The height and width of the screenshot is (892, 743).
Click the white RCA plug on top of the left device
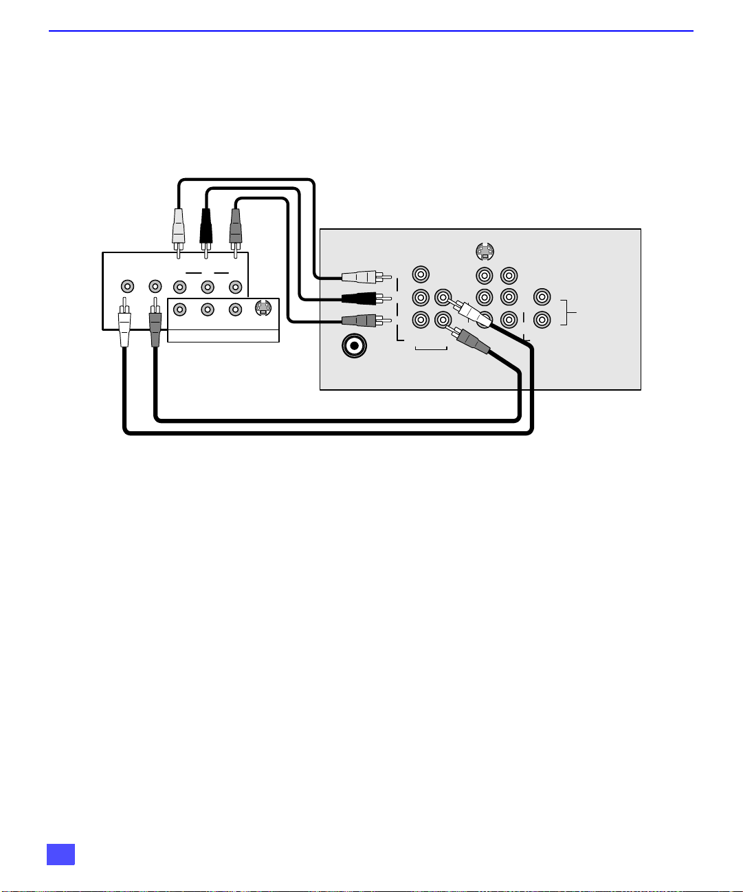point(178,224)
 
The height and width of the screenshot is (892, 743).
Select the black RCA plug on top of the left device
point(206,224)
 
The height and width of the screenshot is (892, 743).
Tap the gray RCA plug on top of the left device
point(235,224)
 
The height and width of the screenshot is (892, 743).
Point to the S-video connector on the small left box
point(263,309)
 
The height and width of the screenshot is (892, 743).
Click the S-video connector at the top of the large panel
point(485,252)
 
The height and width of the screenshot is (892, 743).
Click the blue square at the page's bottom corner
point(60,854)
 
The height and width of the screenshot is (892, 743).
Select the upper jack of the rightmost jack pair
point(542,298)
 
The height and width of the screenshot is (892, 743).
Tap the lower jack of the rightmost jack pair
point(542,320)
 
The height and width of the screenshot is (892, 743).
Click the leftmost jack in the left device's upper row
point(126,285)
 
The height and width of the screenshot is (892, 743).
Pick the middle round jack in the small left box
point(207,309)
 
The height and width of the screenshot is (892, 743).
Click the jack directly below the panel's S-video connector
point(485,276)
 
